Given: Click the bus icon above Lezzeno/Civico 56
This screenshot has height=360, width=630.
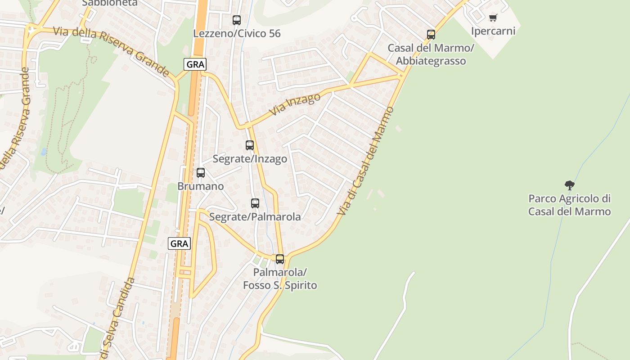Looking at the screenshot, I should (237, 20).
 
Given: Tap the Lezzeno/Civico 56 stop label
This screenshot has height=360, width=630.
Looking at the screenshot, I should (237, 33).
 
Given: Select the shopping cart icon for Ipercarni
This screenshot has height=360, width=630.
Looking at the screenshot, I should (493, 18).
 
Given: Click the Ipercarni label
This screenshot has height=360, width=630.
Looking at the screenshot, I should (493, 31).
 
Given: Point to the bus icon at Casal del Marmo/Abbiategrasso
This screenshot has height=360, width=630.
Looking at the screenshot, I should (431, 35).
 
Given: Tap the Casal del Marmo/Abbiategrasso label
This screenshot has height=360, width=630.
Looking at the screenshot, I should (431, 54).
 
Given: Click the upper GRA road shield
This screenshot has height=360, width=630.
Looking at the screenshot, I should (195, 64).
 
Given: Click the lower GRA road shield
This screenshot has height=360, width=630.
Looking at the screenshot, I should (180, 243).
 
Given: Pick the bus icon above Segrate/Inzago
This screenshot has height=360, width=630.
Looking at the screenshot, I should (250, 145).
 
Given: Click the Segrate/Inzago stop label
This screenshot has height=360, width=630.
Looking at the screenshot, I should (250, 159).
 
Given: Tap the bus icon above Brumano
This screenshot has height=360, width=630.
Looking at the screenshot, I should (201, 173).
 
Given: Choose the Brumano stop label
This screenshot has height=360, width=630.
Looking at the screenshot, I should (201, 186).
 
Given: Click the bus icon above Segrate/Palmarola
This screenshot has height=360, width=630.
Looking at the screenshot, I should (255, 203).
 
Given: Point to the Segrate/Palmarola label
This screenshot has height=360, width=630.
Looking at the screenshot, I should (255, 216).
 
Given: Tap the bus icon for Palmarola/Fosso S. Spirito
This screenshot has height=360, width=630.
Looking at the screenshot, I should (280, 259).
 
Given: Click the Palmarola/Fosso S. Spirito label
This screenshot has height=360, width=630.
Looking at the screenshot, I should (280, 279).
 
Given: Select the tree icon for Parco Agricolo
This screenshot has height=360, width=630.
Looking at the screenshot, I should (570, 185).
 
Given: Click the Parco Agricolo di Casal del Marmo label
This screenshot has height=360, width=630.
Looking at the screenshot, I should (570, 205).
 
